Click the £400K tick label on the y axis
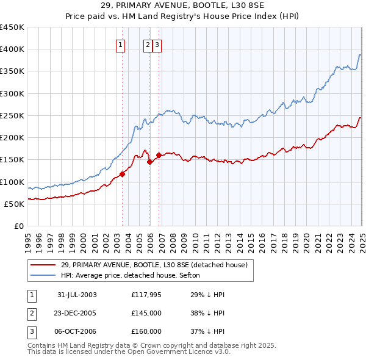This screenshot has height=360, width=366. [x=12, y=49]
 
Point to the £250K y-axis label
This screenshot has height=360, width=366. [x=12, y=115]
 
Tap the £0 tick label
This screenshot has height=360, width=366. [x=18, y=226]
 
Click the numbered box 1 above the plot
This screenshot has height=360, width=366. [x=120, y=44]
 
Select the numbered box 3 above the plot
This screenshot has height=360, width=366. [x=157, y=44]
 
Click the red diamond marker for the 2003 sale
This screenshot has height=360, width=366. [x=123, y=174]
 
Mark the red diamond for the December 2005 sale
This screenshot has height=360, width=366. [x=150, y=162]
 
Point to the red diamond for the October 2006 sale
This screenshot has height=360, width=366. [x=159, y=155]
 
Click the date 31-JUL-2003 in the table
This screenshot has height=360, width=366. [x=77, y=295]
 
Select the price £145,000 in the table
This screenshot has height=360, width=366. [x=146, y=313]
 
